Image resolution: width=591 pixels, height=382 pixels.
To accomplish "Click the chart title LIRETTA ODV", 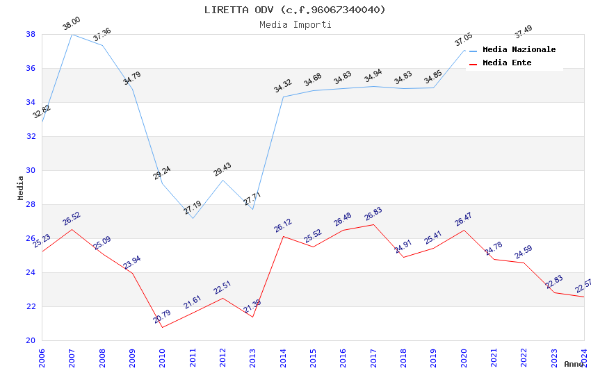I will (x=295, y=10).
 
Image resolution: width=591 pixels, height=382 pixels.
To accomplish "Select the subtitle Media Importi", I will (x=295, y=24).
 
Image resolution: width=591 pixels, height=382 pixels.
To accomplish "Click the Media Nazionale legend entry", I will (x=519, y=50).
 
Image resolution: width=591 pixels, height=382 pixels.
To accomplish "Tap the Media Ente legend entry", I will (x=507, y=63).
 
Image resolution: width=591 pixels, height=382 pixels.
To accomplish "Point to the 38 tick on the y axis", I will (x=31, y=34).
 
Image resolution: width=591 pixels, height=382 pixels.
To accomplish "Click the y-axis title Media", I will (x=21, y=188).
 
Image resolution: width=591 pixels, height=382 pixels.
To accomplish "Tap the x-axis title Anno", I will (x=574, y=364).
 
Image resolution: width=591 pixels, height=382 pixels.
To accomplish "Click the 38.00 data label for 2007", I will (x=72, y=24).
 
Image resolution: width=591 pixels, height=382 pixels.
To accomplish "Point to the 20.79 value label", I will (x=162, y=317).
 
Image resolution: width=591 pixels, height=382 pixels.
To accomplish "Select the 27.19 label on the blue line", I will (x=193, y=208).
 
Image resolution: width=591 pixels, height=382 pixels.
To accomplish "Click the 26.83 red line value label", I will (x=373, y=214).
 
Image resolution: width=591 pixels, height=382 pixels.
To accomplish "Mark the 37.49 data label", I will (x=524, y=32).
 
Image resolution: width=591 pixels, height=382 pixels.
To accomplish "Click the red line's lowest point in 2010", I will (x=162, y=327).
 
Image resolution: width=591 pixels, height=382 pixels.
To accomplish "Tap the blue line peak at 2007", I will (x=72, y=34).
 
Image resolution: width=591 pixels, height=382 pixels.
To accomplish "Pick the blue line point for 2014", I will (x=283, y=97).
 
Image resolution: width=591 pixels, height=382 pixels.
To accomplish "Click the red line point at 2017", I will (x=373, y=224).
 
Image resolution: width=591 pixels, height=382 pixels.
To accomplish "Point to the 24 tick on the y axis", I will (x=31, y=272).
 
